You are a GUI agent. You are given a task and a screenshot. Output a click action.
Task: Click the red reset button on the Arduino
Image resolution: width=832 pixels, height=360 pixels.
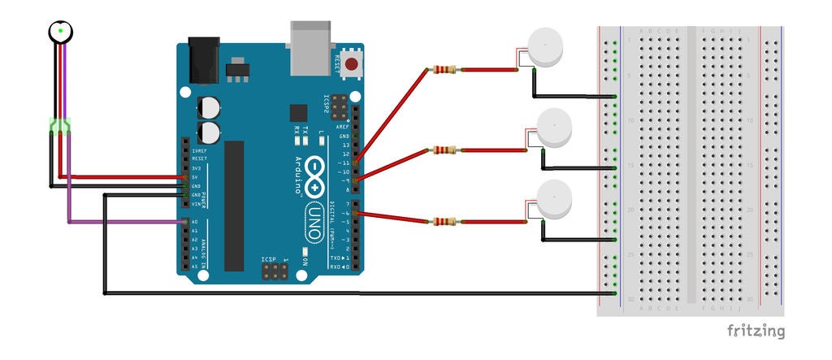352,63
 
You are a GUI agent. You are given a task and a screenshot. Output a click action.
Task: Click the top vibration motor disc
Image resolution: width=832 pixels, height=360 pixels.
544,48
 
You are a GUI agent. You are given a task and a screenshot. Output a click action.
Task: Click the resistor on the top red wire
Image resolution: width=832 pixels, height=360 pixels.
445,70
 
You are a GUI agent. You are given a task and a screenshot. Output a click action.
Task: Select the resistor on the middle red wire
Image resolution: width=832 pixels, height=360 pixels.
445,150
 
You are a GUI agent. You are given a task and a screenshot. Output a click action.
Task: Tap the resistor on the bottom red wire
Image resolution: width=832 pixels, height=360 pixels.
444,221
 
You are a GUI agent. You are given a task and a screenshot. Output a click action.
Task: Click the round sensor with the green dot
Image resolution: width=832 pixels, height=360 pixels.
59,31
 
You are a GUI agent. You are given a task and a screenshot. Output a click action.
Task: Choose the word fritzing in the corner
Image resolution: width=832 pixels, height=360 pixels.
756,332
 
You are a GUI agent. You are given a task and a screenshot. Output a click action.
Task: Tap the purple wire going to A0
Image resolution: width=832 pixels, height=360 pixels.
122,222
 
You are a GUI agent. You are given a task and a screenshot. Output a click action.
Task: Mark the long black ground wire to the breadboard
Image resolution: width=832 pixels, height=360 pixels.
357,293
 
